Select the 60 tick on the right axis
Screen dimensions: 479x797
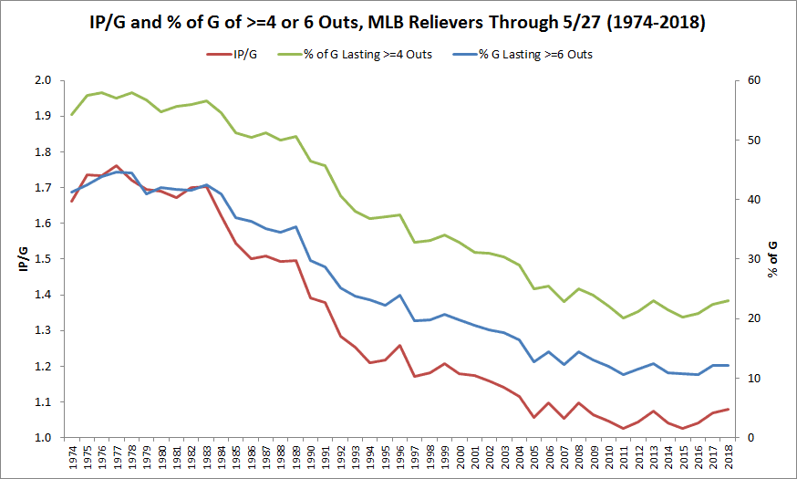(x=756, y=80)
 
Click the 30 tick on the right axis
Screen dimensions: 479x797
(x=756, y=259)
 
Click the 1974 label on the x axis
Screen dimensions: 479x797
(x=72, y=457)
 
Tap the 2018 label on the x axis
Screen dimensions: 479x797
(x=728, y=457)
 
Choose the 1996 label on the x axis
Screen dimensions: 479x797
(x=399, y=457)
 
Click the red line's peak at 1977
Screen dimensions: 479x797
(x=117, y=166)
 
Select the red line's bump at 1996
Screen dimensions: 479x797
(x=399, y=346)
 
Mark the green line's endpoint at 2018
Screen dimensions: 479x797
(x=728, y=300)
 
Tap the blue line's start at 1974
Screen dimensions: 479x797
(x=72, y=193)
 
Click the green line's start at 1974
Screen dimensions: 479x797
(x=72, y=115)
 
